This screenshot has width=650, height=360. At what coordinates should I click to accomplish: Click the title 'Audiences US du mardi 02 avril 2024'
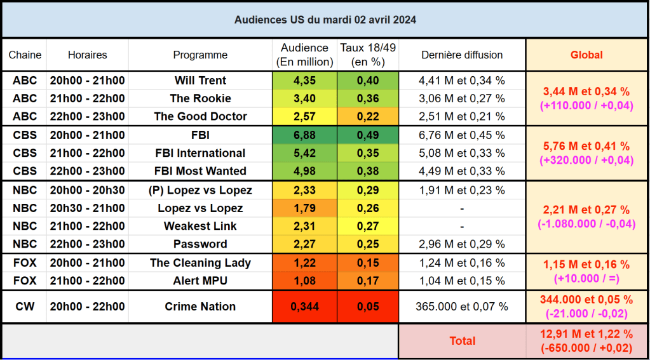(x=325, y=20)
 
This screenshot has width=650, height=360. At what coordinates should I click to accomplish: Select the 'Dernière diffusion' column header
(x=462, y=55)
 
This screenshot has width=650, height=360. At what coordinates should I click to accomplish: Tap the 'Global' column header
(x=586, y=55)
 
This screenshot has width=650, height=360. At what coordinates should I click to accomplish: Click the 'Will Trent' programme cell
(x=200, y=81)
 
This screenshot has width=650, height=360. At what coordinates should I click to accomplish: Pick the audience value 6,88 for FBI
(x=304, y=135)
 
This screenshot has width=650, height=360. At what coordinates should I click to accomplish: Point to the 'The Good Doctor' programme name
(x=200, y=116)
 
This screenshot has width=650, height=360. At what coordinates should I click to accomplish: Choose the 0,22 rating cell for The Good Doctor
(x=368, y=116)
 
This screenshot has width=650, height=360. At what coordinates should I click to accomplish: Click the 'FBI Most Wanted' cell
(x=200, y=171)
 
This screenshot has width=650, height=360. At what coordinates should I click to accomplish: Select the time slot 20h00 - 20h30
(x=88, y=190)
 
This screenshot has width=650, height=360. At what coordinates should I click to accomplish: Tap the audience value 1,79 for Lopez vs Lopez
(x=304, y=208)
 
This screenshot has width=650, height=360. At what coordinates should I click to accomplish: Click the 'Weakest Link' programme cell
(x=200, y=226)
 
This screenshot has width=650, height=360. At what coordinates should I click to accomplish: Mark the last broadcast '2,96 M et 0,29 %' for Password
(x=462, y=244)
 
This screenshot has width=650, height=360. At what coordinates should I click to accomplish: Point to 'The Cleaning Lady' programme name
(x=200, y=263)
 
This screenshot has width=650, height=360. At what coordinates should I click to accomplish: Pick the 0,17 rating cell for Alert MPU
(x=368, y=281)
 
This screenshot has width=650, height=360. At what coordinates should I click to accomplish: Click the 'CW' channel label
(x=25, y=307)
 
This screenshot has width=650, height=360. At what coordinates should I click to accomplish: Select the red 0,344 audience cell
(x=304, y=307)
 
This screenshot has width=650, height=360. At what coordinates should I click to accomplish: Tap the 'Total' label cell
(x=462, y=341)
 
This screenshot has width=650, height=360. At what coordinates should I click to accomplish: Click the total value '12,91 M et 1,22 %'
(x=586, y=334)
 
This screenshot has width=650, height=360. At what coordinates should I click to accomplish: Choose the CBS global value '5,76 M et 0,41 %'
(x=586, y=147)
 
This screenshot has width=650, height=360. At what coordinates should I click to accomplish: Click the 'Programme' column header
(x=200, y=55)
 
